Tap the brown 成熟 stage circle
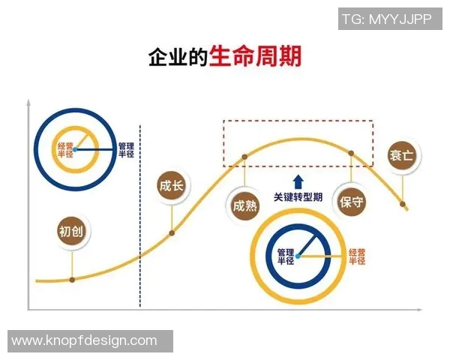[244, 205]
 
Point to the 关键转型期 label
[298, 197]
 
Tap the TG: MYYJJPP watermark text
[387, 19]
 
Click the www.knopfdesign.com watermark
[85, 340]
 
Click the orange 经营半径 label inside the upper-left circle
[65, 150]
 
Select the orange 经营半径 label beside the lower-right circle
[357, 257]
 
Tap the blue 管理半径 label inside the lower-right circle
[285, 256]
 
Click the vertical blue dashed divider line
[140, 225]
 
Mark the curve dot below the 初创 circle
[72, 280]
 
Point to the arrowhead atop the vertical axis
[28, 102]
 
